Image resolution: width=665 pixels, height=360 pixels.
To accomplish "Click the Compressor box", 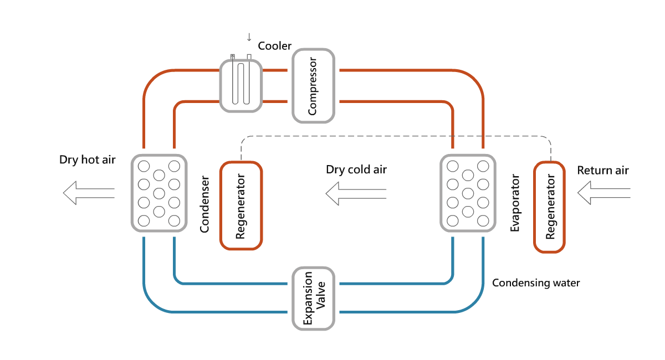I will [x=313, y=86].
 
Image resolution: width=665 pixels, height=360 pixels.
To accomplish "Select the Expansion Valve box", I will [x=314, y=298].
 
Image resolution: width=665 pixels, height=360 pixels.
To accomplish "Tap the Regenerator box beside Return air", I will [x=549, y=206].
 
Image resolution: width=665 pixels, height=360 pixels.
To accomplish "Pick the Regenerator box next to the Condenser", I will [x=241, y=205].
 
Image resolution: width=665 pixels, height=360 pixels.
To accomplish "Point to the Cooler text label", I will [x=274, y=46].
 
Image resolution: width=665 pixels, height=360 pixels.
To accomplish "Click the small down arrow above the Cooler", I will [x=249, y=37].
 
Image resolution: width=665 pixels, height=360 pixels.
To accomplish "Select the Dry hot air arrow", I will [x=89, y=193].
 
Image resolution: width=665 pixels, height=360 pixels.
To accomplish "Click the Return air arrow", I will [x=604, y=193].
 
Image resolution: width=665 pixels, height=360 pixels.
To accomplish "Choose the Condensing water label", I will [x=536, y=283].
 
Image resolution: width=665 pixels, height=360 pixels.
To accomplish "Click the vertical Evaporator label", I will [x=515, y=203].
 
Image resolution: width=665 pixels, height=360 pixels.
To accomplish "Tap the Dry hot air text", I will [x=88, y=160].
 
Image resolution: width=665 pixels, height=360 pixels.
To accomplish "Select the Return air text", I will [x=603, y=170].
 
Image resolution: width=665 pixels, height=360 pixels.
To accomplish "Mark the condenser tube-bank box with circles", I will [x=158, y=193].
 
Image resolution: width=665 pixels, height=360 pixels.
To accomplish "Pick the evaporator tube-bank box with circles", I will [x=467, y=193].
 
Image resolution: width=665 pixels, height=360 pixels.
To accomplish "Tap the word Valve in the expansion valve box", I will [x=321, y=298].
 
